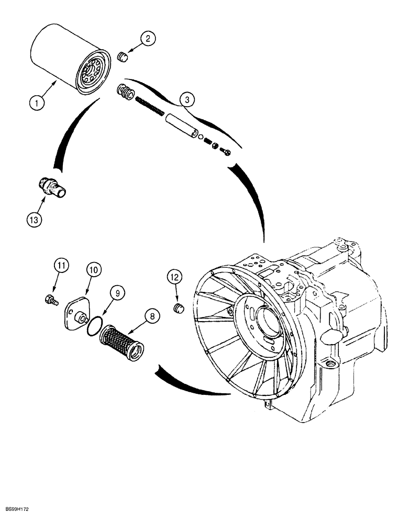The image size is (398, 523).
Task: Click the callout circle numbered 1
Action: pyautogui.click(x=36, y=103)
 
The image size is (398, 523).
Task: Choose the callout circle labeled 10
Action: pyautogui.click(x=94, y=270)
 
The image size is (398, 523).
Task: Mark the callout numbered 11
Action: pyautogui.click(x=62, y=266)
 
